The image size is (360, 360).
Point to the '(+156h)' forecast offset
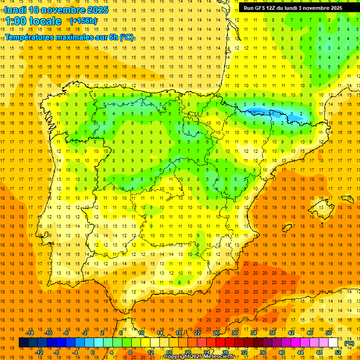coord(83,21)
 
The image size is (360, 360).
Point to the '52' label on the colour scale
coord(338,352)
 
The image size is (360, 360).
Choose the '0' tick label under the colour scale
coord(93,352)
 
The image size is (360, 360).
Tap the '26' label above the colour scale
coord(216,332)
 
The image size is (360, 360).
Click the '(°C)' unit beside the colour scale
coord(349,343)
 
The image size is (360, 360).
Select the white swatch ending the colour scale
coord(333,343)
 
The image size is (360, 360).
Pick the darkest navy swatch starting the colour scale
coord(23,343)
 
